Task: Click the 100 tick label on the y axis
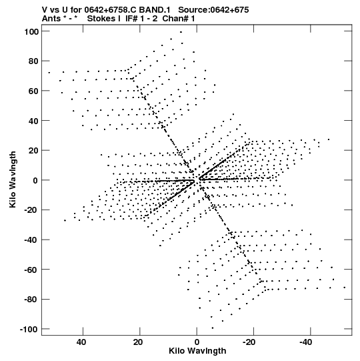pos(31,31)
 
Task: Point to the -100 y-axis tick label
pos(29,329)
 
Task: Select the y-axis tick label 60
pos(33,91)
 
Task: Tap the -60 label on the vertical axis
pos(31,270)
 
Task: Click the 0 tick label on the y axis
pos(35,180)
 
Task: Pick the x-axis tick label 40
pos(82,342)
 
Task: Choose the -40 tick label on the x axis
pos(306,342)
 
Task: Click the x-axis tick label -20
pos(249,342)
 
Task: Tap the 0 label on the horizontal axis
pos(197,342)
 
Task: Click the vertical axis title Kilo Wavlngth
pos(13,179)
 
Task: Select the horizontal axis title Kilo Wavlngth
pos(197,351)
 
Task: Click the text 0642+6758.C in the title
pos(110,10)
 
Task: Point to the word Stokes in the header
pos(101,19)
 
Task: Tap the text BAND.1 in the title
pos(155,10)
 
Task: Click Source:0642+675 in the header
pos(213,10)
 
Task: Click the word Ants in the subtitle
pos(51,19)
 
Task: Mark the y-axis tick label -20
pos(31,210)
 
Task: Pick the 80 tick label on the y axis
pos(33,61)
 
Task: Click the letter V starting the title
pos(45,10)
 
